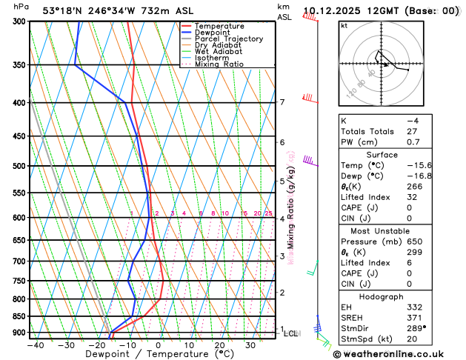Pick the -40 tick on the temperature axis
[36, 345]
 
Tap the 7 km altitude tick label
[282, 102]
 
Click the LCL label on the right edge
[290, 333]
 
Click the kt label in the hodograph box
[344, 25]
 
